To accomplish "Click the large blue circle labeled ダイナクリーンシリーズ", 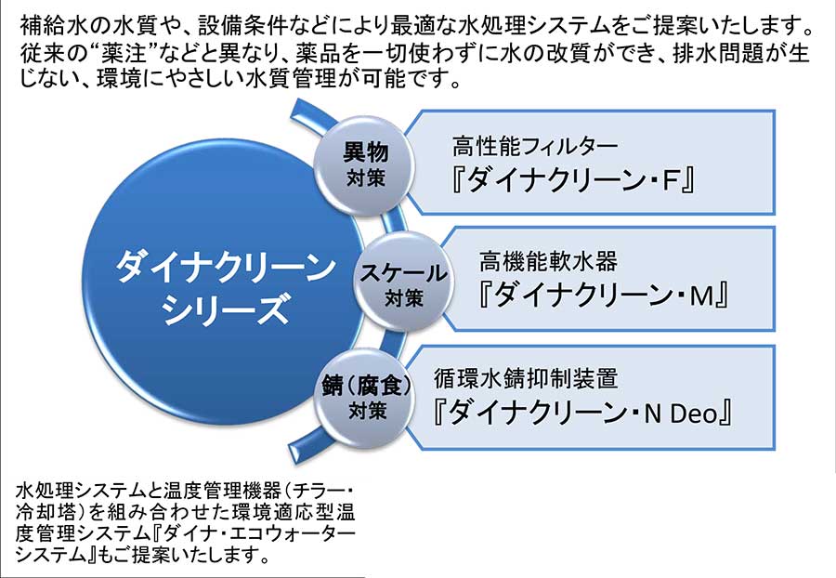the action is click(223, 282).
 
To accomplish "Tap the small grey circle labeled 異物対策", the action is click(365, 165).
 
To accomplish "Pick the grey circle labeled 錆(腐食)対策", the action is click(366, 398).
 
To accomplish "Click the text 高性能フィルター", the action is click(535, 146).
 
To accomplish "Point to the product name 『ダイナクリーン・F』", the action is click(574, 179).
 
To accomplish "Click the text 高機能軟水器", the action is click(548, 261).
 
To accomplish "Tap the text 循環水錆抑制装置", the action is click(526, 378).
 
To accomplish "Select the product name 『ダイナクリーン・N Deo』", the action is click(582, 412).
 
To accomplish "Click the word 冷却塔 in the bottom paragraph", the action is click(45, 512).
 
